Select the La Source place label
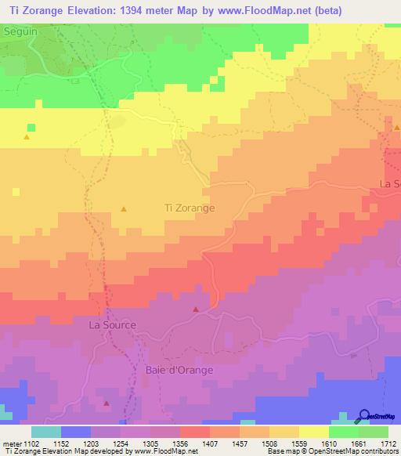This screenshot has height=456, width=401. [x=112, y=324]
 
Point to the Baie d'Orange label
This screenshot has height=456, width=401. [x=177, y=368]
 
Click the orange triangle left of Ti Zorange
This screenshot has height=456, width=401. [x=124, y=208]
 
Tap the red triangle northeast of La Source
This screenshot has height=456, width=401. [x=195, y=309]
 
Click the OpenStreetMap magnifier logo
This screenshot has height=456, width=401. [x=364, y=415]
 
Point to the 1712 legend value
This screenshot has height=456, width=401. [x=388, y=444]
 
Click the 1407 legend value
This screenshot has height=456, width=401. [x=211, y=444]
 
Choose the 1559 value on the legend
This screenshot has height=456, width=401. [x=299, y=444]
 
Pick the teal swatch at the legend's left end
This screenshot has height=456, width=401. [x=45, y=432]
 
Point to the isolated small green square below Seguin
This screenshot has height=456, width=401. [x=31, y=127]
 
